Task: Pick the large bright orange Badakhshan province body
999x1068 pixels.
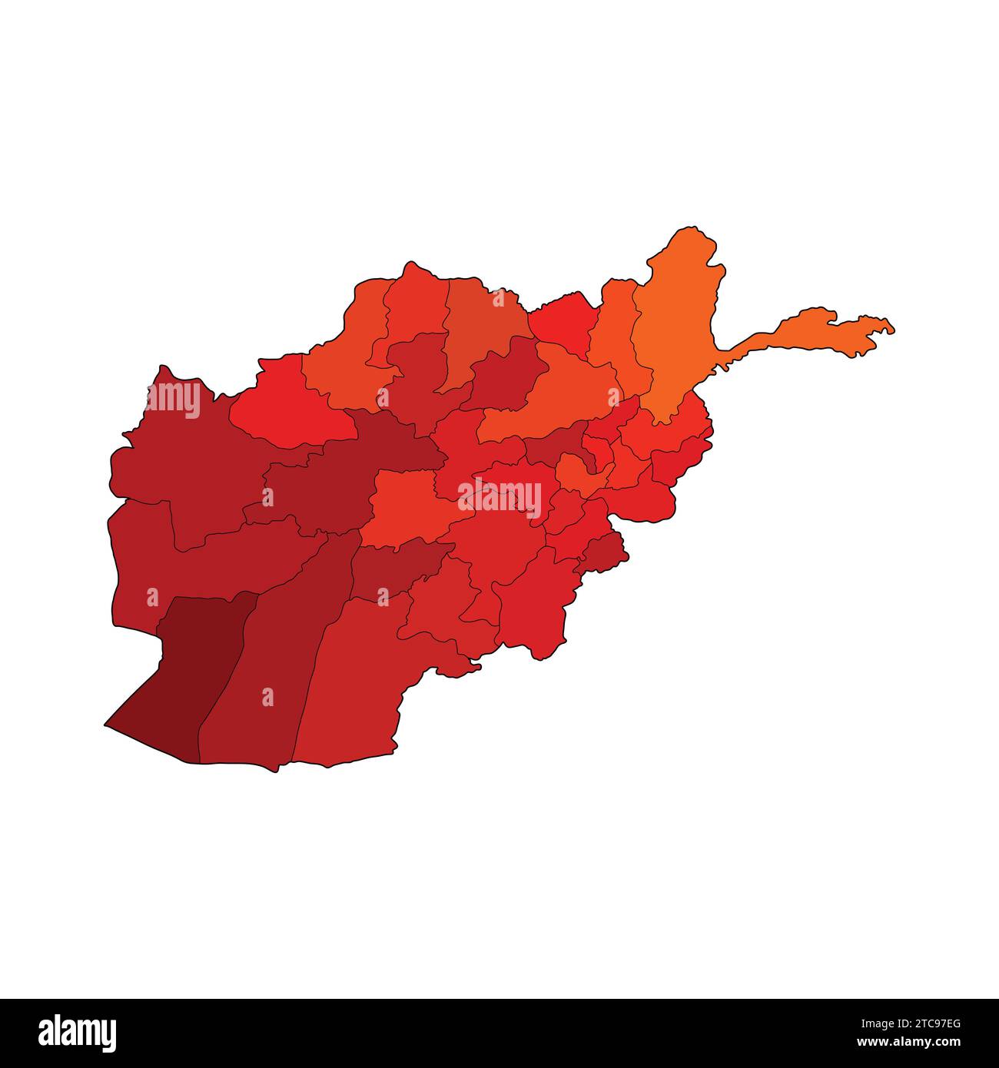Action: (x=676, y=330)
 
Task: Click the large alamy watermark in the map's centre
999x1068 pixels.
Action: (x=499, y=496)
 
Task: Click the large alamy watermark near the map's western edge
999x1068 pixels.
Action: (x=173, y=400)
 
